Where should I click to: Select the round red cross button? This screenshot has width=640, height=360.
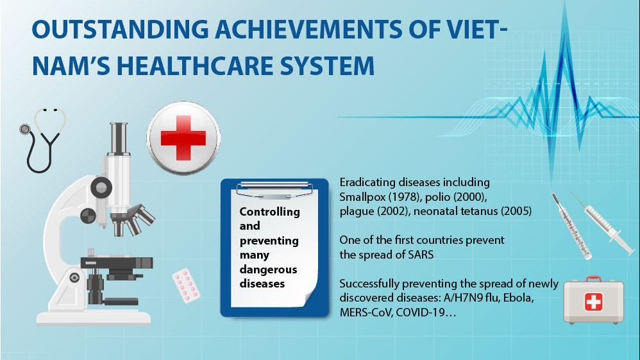[183, 137]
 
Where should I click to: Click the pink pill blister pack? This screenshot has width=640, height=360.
[186, 285]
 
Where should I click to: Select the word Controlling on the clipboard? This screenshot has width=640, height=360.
[269, 211]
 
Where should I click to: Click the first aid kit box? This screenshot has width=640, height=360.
[593, 302]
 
